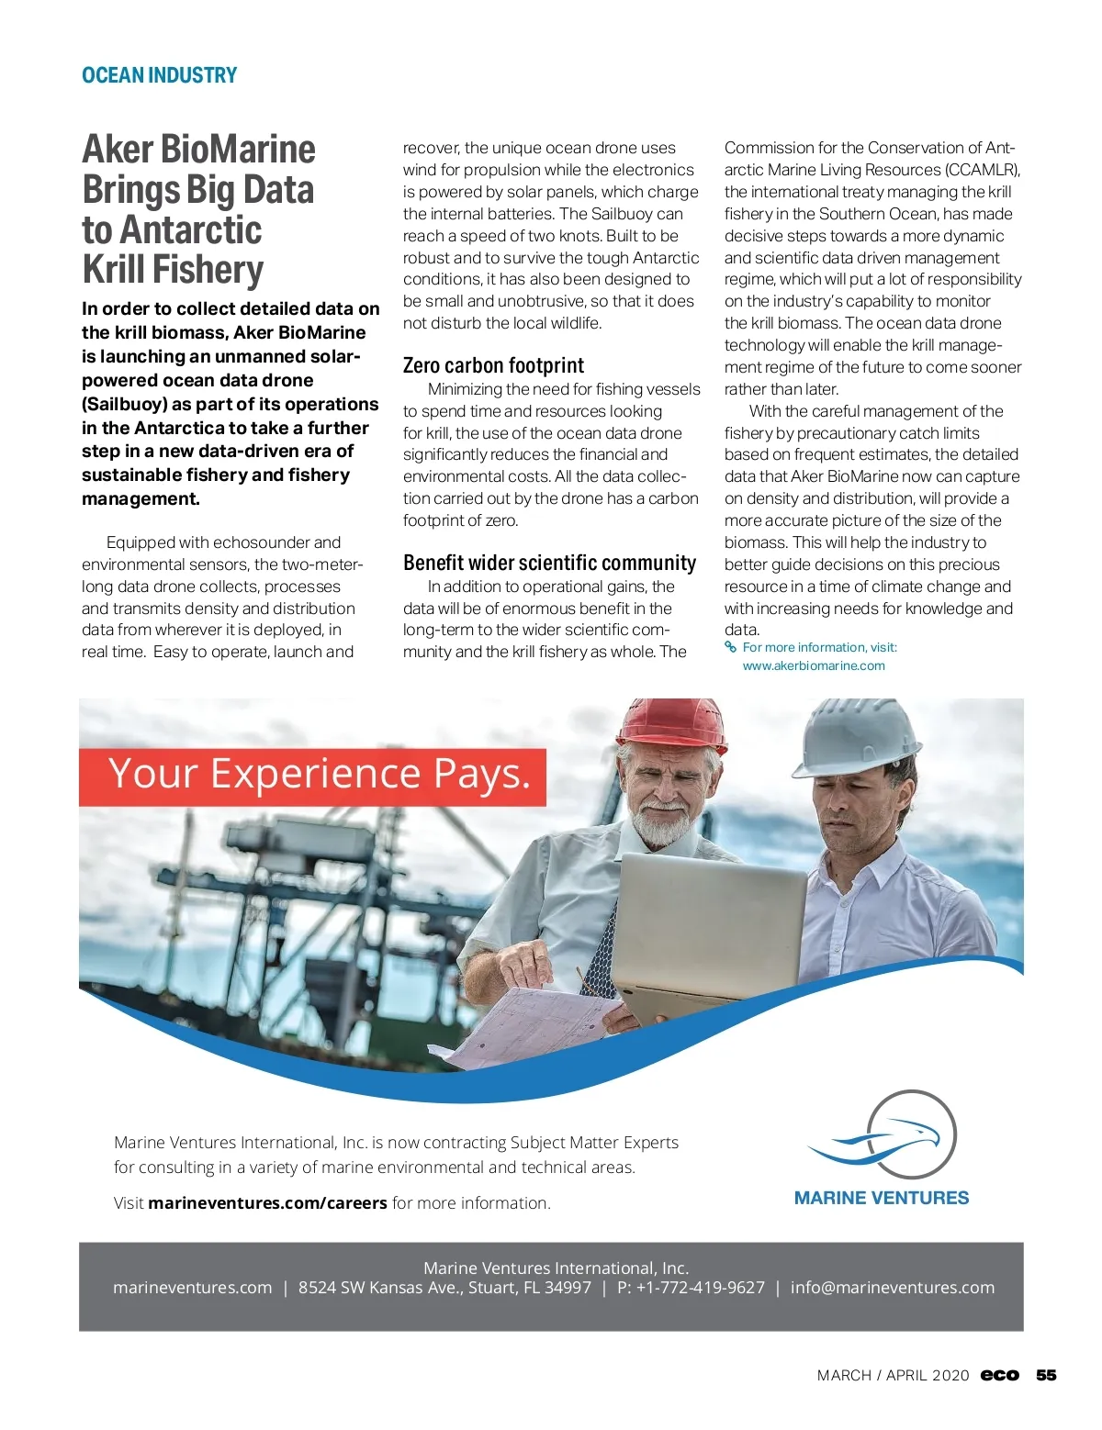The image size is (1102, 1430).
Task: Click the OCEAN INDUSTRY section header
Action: (x=159, y=75)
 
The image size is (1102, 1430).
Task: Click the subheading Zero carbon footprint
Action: (x=493, y=365)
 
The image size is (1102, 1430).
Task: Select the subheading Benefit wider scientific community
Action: (x=549, y=563)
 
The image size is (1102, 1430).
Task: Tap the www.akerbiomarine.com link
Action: (x=814, y=665)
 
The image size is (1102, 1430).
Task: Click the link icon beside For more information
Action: (x=731, y=647)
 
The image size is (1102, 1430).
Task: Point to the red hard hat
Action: (x=670, y=722)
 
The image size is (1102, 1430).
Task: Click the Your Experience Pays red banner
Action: (x=312, y=776)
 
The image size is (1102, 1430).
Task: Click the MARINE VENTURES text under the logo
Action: (x=882, y=1198)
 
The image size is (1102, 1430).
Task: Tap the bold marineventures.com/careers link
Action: (x=267, y=1203)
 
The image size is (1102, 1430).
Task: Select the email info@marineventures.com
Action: (x=892, y=1288)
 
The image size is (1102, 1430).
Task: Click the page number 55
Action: (x=1046, y=1375)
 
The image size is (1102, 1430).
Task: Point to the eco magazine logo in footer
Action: (x=1000, y=1375)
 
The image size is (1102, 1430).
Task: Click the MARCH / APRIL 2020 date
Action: (x=893, y=1375)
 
